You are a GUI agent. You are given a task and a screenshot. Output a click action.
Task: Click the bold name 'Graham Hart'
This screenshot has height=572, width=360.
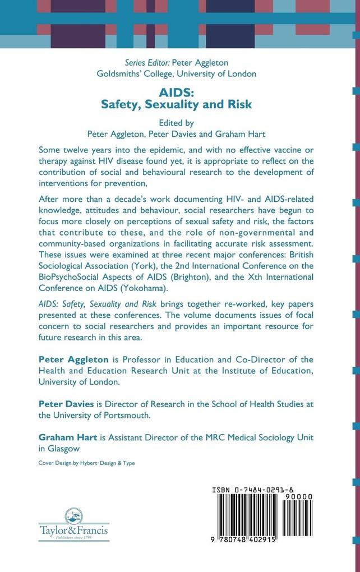(67, 437)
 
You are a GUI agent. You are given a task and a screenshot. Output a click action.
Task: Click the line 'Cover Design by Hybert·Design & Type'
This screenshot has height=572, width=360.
(86, 463)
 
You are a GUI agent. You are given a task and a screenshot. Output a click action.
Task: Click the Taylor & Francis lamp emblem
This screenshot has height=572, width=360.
(73, 517)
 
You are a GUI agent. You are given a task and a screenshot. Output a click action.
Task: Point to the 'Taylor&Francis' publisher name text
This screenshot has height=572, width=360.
(73, 530)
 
